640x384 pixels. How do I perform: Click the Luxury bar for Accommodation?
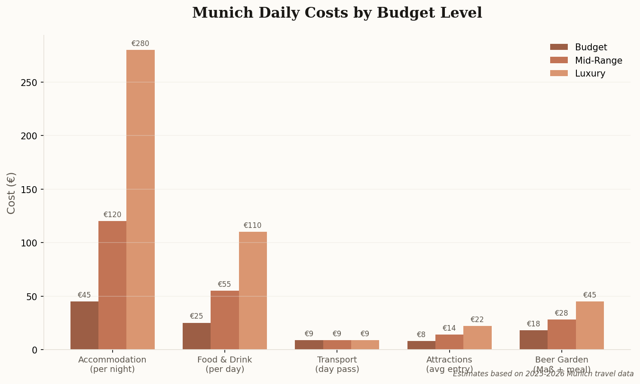click(x=141, y=200)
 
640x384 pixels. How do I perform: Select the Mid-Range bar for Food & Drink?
click(x=225, y=320)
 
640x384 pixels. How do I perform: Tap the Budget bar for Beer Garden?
click(x=533, y=340)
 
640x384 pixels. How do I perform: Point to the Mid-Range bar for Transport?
click(x=337, y=345)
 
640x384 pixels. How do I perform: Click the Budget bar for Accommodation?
click(x=84, y=326)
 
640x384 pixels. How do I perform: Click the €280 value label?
click(x=140, y=43)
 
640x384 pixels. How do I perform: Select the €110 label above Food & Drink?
click(x=252, y=225)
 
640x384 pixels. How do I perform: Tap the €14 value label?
click(x=449, y=328)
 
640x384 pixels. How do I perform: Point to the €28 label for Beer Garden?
click(x=561, y=313)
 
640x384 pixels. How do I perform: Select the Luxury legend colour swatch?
click(x=559, y=74)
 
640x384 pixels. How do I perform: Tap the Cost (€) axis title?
click(x=11, y=193)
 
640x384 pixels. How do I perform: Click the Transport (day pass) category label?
click(x=337, y=364)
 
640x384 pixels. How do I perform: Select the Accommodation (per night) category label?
click(x=112, y=364)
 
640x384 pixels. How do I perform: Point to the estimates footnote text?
click(x=543, y=374)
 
